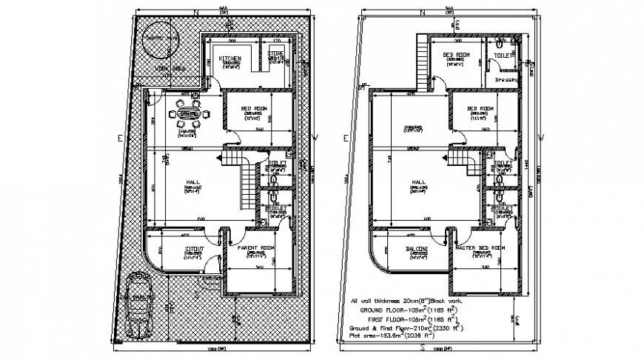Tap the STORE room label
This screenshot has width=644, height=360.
click(276, 53)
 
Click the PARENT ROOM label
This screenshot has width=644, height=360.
click(257, 248)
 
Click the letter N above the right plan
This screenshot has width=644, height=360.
click(420, 13)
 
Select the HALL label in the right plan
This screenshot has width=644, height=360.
click(419, 181)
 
